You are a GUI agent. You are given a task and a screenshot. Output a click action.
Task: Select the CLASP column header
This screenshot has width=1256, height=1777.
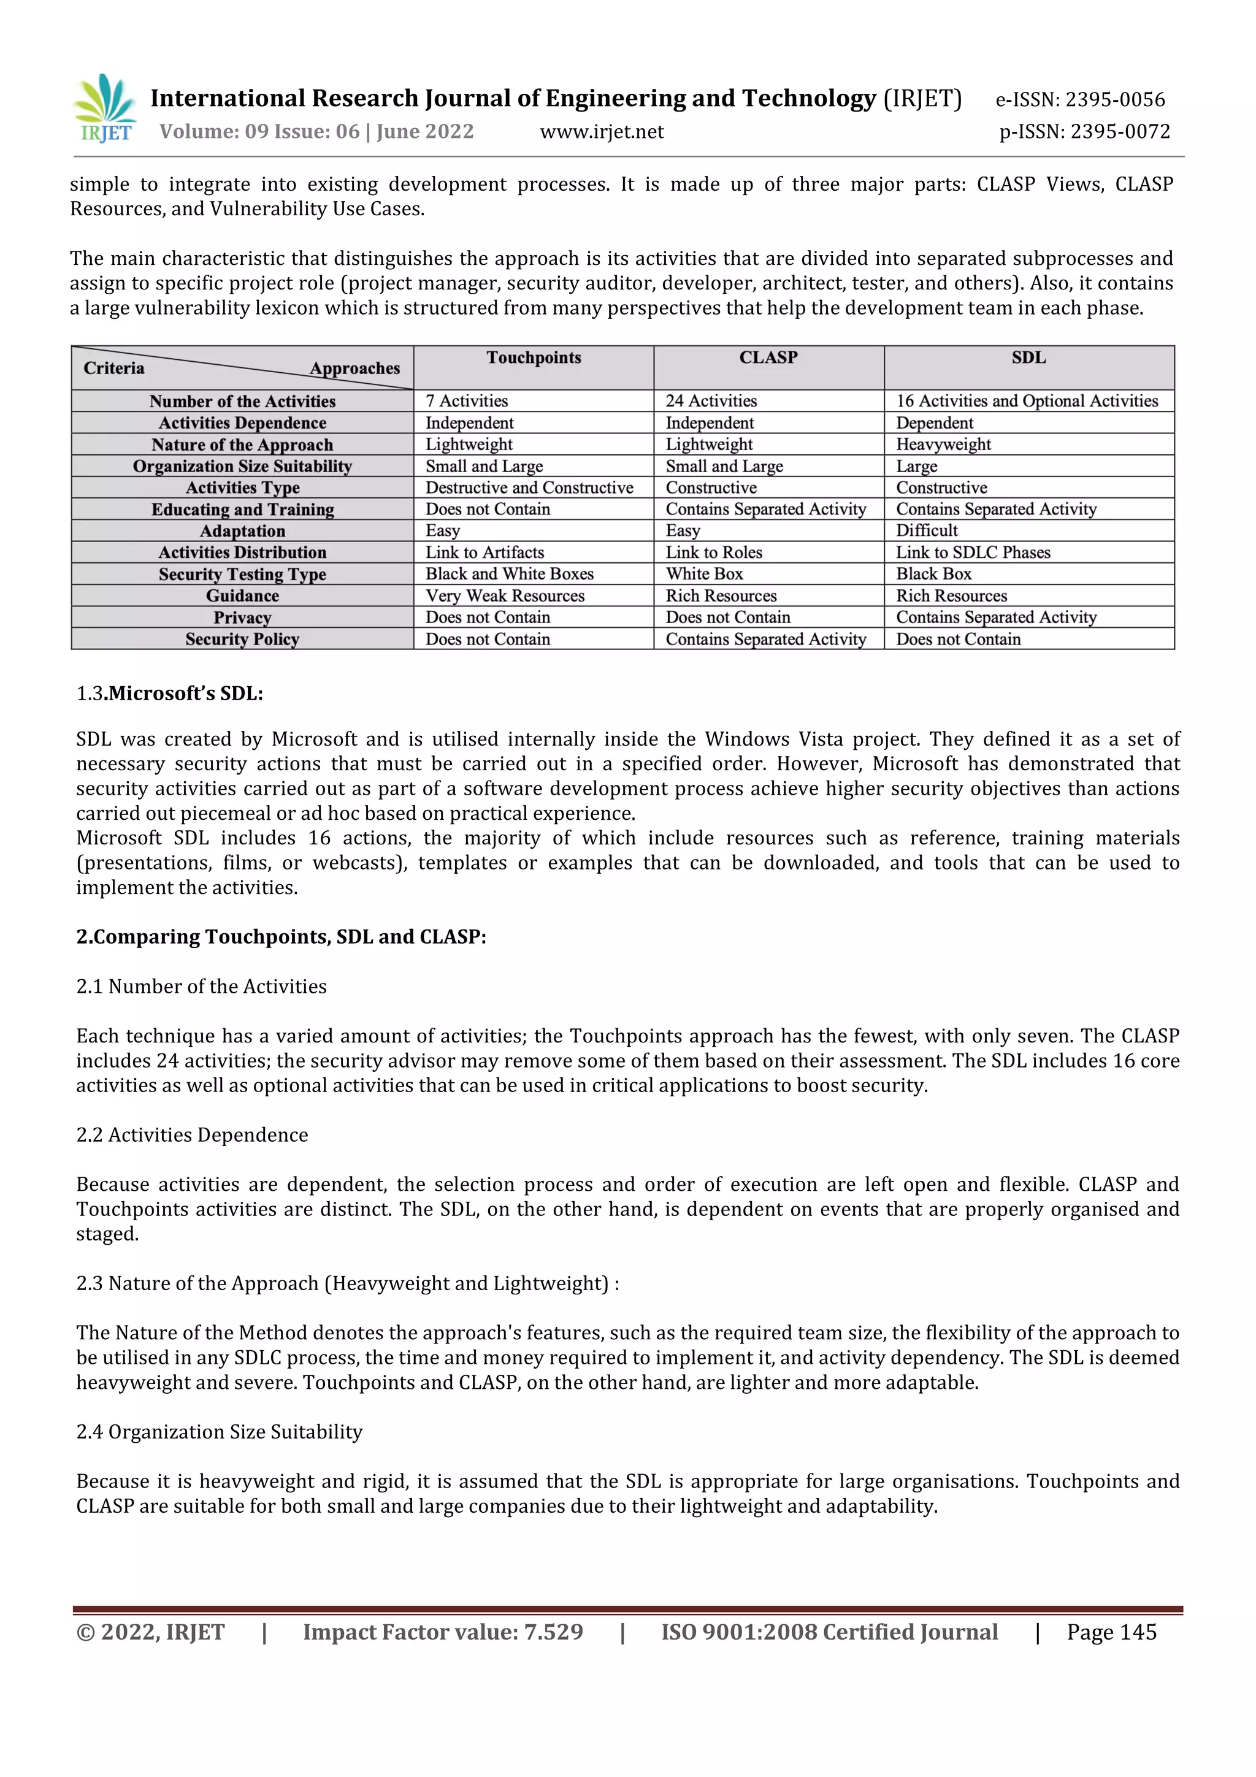768,357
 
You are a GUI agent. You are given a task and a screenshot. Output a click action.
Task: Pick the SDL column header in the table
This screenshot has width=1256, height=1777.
1028,357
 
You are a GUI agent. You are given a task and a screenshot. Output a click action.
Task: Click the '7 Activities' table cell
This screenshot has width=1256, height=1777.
467,401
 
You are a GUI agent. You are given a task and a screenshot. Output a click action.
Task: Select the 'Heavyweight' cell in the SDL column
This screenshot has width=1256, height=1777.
943,444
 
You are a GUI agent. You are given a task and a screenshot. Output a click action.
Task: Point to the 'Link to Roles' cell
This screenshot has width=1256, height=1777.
713,552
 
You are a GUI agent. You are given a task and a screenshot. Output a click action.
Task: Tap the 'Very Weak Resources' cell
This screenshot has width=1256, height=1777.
505,596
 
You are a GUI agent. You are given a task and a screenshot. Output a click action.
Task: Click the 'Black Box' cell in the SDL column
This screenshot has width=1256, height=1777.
933,575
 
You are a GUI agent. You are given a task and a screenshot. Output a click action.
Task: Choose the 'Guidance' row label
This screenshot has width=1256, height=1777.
242,596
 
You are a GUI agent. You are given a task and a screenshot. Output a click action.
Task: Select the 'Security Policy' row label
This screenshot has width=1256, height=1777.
242,640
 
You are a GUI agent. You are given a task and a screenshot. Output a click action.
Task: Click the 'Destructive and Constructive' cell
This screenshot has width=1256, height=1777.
529,487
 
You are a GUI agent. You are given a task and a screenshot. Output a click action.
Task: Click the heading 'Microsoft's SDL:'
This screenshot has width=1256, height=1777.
185,694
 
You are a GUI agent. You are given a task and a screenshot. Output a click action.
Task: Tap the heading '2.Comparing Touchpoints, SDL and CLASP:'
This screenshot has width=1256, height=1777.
281,938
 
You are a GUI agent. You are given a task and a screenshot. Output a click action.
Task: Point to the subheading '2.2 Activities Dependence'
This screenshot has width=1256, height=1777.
192,1136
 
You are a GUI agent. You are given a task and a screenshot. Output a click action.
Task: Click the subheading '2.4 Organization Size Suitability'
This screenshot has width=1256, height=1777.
219,1432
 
